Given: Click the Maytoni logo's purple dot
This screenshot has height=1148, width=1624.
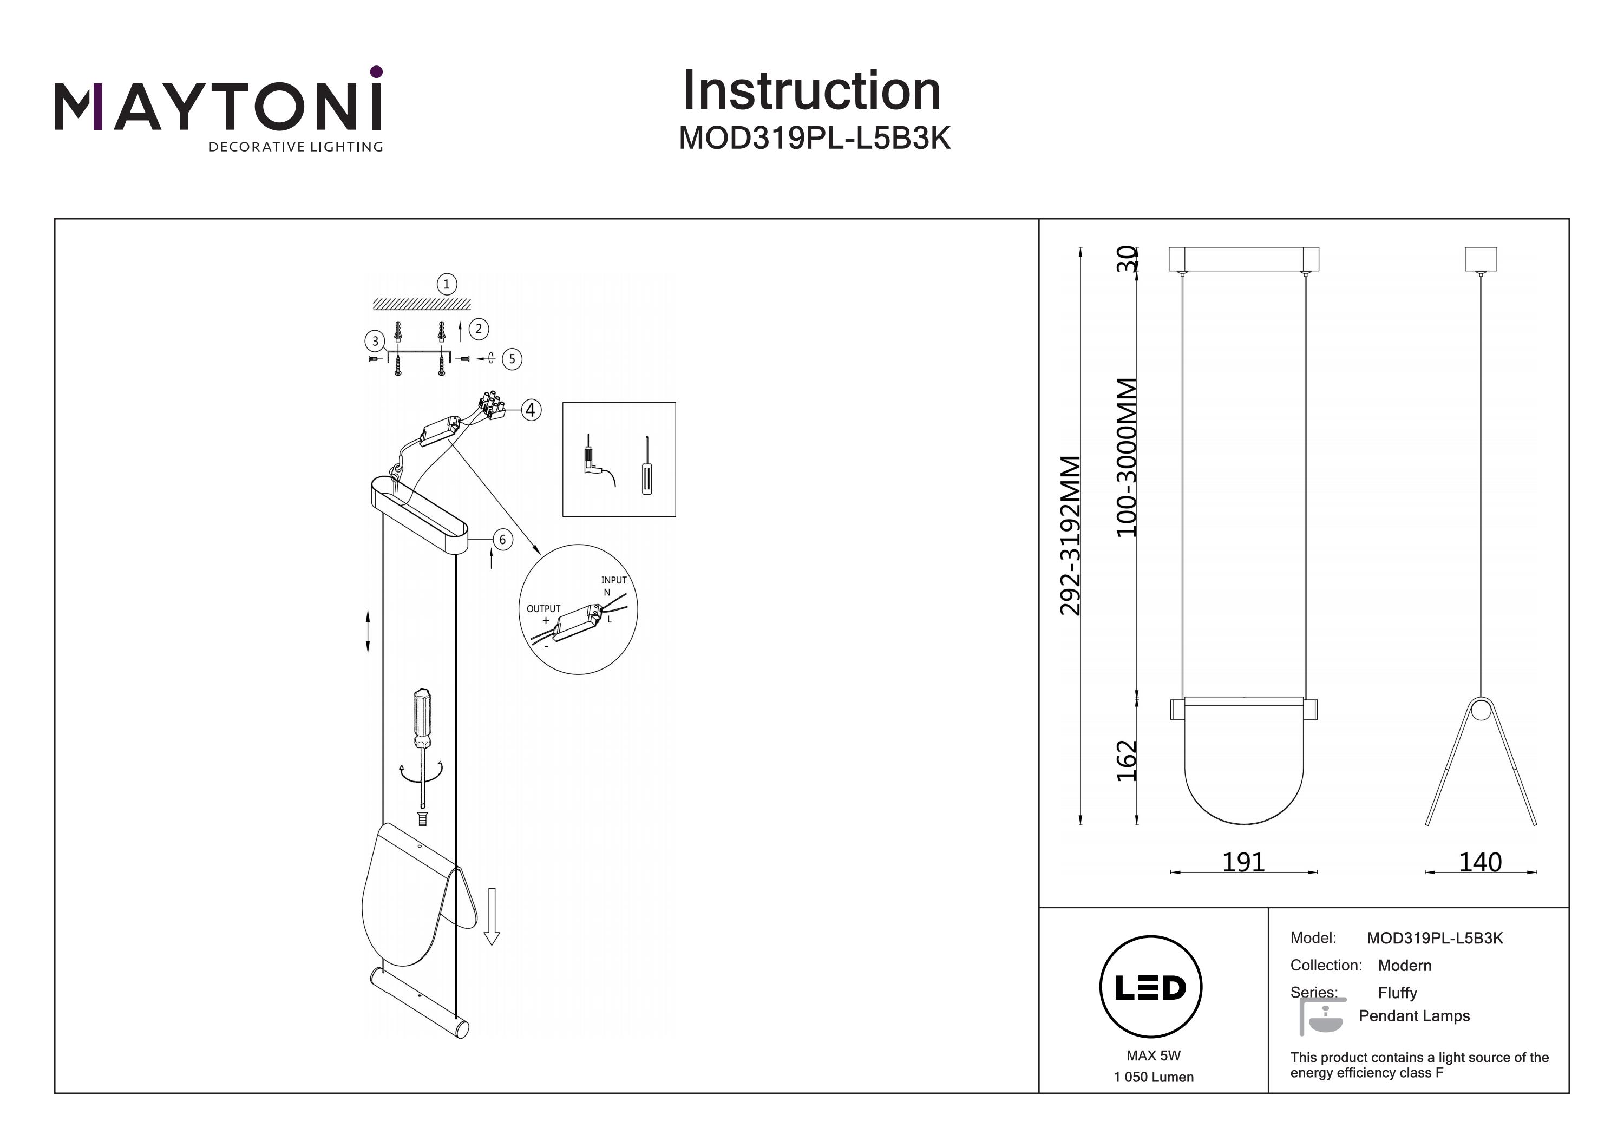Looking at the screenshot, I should click(376, 71).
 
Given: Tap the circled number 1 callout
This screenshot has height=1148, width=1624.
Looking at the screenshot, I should click(446, 284).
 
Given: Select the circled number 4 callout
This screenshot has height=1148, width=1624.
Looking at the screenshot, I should click(531, 410).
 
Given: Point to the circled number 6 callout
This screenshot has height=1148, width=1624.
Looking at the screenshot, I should click(502, 540).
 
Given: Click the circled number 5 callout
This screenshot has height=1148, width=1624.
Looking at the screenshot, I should click(512, 359).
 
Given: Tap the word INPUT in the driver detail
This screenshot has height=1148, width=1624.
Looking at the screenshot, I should click(613, 580).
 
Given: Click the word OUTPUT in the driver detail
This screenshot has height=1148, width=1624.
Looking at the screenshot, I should click(543, 608).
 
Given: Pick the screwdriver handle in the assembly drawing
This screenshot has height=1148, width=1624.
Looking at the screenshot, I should click(422, 717).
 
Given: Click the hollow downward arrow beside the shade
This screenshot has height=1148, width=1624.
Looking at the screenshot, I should click(492, 916).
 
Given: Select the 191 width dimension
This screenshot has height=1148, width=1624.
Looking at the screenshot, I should click(1243, 862).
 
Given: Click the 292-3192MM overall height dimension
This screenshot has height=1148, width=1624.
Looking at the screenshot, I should click(1071, 535).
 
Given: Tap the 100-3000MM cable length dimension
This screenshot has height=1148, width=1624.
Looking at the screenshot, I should click(1126, 458).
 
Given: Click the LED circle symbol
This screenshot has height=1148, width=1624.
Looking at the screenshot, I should click(1151, 987).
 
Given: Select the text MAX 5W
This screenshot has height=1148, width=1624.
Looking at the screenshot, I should click(1153, 1055).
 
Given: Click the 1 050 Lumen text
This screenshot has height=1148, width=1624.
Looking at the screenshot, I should click(1153, 1077).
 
